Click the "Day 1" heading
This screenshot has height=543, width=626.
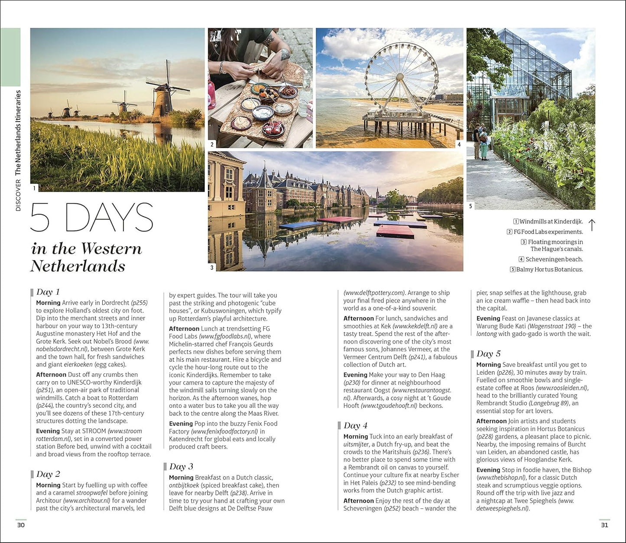click(x=48, y=292)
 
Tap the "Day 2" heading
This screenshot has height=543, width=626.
click(x=48, y=474)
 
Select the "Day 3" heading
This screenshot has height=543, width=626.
click(x=181, y=467)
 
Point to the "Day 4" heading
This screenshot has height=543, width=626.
click(x=355, y=426)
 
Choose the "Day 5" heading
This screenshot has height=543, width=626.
click(x=488, y=354)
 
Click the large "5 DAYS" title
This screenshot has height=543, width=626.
click(x=92, y=218)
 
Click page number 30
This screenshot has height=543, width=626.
click(x=21, y=525)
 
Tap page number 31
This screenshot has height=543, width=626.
click(x=605, y=525)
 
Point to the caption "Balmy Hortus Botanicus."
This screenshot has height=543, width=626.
click(x=549, y=270)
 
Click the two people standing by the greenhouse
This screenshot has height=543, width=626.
click(x=480, y=141)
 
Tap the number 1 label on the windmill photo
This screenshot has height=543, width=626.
click(x=35, y=188)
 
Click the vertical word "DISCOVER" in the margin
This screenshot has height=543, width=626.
click(x=18, y=195)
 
